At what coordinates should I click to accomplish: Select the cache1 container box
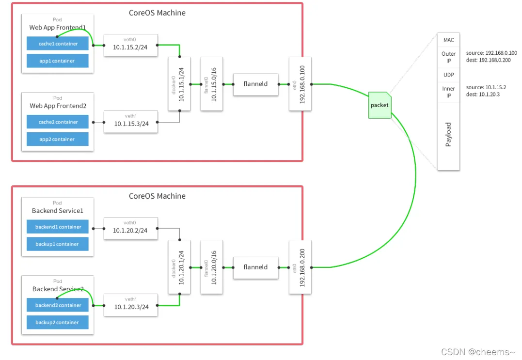click(x=58, y=44)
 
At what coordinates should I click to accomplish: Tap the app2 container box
click(x=58, y=139)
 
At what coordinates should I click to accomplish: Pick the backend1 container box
click(x=58, y=227)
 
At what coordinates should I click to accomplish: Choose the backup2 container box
click(x=58, y=322)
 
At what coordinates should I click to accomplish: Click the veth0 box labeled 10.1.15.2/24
click(x=131, y=45)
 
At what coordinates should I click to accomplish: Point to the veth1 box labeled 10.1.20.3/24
click(x=131, y=305)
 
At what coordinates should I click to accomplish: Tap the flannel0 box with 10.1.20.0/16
click(x=212, y=267)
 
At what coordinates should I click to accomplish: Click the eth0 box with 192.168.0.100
click(x=300, y=84)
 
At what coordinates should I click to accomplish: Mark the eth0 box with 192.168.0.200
click(x=300, y=267)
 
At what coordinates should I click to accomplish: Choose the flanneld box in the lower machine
click(x=256, y=267)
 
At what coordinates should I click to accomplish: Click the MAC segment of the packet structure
click(x=448, y=40)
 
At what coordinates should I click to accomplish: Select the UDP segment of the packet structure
click(x=448, y=75)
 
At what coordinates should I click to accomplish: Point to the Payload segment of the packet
click(x=448, y=134)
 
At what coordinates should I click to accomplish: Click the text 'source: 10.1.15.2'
click(x=486, y=87)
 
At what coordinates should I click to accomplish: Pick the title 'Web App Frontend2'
click(x=58, y=106)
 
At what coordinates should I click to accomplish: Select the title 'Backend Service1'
click(x=58, y=211)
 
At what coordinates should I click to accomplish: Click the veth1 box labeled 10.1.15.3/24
click(x=131, y=122)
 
